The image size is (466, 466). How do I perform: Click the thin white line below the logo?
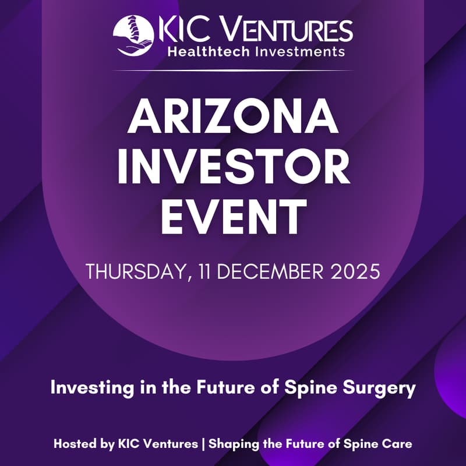[x=233, y=70]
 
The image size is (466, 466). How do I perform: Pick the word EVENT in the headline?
[x=233, y=217]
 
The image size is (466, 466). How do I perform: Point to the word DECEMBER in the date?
[x=264, y=271]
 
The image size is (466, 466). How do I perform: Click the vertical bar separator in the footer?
[x=203, y=444]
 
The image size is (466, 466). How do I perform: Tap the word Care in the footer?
[x=400, y=444]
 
